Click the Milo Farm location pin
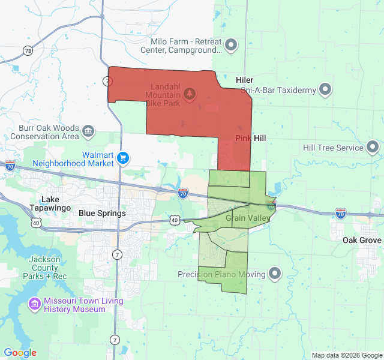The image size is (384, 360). [231, 45]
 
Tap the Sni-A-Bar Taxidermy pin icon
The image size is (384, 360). [325, 90]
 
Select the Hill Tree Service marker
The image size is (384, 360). [373, 147]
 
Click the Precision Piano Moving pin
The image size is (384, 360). [275, 274]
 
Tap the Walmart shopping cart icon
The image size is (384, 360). [124, 158]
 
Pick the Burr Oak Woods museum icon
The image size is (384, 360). [88, 131]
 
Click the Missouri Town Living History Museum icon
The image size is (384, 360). [35, 305]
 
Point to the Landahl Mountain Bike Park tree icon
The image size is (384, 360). [190, 94]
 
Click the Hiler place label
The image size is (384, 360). [244, 80]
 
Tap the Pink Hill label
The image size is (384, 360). [250, 138]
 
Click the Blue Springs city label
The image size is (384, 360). [102, 213]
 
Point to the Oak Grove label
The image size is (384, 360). [362, 240]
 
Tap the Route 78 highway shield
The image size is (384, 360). [28, 51]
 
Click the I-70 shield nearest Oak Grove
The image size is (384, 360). [340, 213]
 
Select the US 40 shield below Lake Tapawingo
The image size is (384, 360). [36, 223]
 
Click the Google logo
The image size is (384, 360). [20, 353]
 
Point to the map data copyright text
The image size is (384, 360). [346, 355]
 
